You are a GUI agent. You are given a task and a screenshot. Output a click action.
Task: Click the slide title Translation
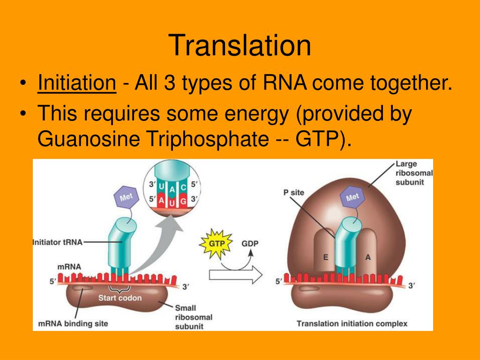point(240,46)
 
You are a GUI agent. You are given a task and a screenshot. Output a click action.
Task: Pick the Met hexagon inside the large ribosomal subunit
point(352,197)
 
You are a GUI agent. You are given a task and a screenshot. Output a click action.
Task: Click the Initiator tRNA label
point(58,242)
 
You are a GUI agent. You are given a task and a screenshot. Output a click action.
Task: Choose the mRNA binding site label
point(73,323)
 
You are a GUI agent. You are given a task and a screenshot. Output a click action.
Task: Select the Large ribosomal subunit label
point(414,173)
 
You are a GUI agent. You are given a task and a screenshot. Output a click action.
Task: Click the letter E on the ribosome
point(325,257)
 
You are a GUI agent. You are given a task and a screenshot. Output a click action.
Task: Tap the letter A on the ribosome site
point(367,257)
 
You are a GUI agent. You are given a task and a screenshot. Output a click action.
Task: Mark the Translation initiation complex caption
point(352,323)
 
